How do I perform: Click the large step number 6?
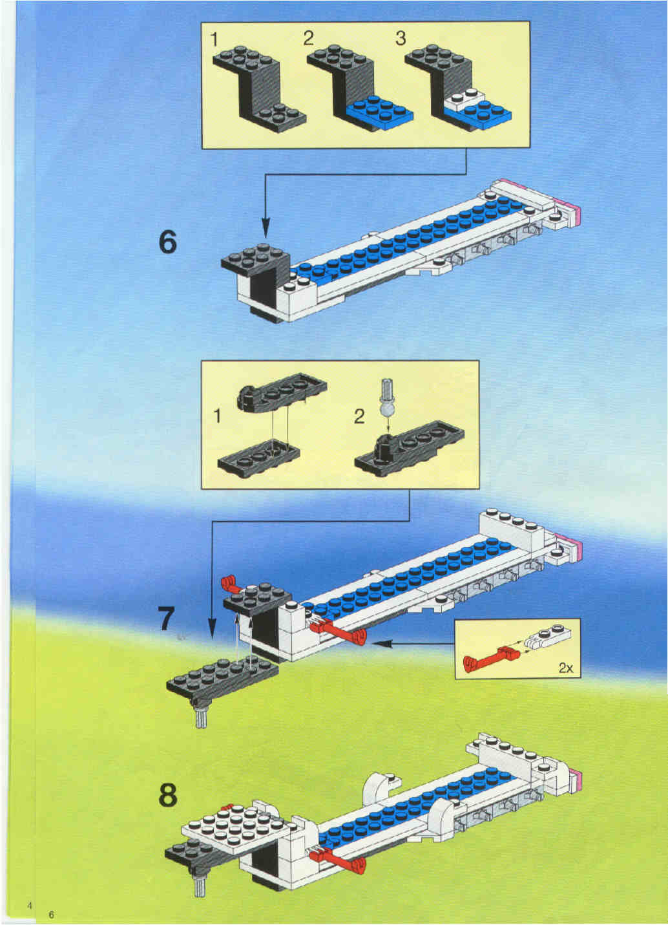168,242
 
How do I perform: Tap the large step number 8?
168,795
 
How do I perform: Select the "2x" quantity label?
566,668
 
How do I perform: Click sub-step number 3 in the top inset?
401,38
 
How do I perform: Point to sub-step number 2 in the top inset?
308,38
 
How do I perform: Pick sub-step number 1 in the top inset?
214,39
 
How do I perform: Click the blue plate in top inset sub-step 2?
380,111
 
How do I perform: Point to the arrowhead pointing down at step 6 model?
266,227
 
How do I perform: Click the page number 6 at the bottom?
51,914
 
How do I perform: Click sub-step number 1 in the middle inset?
217,417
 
